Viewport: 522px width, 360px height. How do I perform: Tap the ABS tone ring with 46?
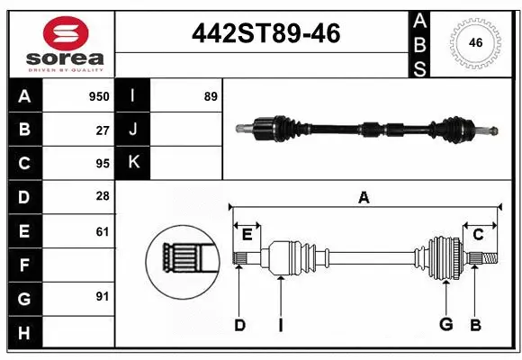click(x=474, y=42)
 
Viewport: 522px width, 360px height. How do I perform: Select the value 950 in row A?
click(x=98, y=96)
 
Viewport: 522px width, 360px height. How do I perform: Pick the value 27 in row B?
click(x=102, y=130)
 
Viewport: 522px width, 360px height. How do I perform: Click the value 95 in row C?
click(x=102, y=163)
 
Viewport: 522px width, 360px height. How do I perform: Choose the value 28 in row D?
click(x=102, y=197)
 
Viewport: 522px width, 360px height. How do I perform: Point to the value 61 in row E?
click(x=102, y=231)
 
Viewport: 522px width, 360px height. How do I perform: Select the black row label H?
click(x=24, y=332)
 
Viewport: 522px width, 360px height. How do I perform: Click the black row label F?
click(x=24, y=265)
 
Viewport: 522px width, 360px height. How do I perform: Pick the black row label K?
click(x=133, y=163)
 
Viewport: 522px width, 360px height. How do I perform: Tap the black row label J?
click(x=133, y=130)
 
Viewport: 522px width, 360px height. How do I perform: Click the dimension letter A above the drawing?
click(x=364, y=196)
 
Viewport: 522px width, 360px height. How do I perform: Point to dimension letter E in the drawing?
click(x=247, y=235)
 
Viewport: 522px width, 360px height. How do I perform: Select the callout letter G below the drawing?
click(x=445, y=325)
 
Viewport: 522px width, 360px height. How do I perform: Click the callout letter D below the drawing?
click(x=239, y=325)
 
